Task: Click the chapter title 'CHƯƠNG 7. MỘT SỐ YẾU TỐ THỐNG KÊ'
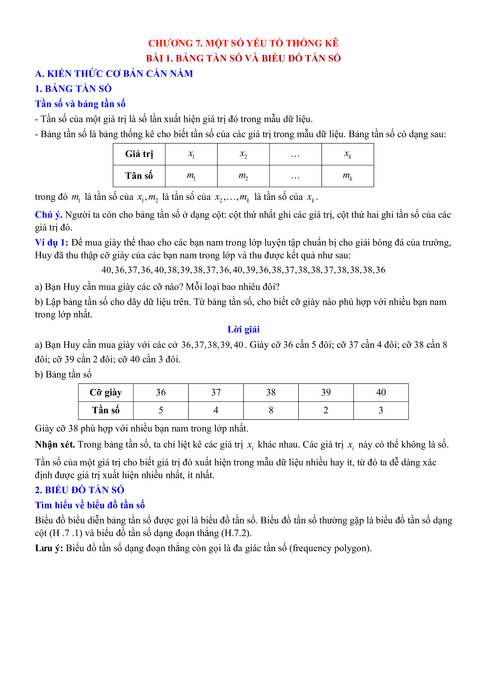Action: [243, 43]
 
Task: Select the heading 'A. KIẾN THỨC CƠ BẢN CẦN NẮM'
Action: [114, 74]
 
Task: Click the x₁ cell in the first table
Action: [191, 154]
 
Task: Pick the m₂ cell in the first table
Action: [243, 176]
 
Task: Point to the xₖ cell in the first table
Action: [348, 154]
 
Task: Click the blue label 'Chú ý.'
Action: [48, 215]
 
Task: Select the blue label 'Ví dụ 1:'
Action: [51, 242]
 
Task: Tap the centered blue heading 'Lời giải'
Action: [243, 329]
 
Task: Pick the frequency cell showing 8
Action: [271, 410]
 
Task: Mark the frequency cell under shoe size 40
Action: [381, 410]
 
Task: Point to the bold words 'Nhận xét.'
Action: [55, 444]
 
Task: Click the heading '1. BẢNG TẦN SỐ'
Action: [73, 89]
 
